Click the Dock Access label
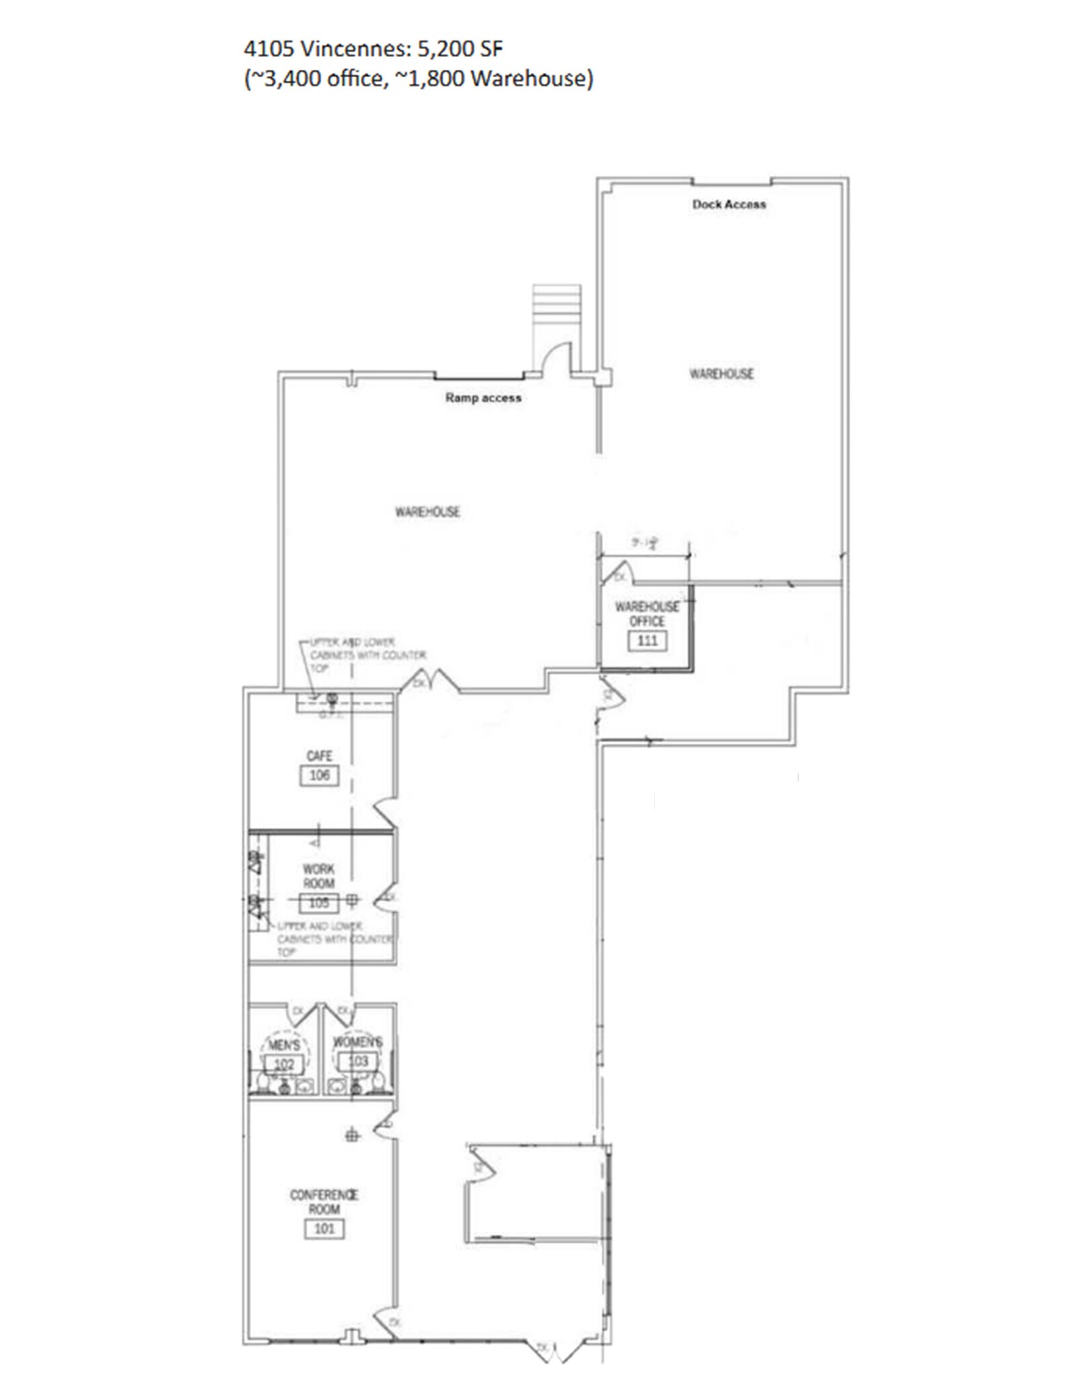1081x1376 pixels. [x=729, y=204]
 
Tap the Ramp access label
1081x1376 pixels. [x=483, y=398]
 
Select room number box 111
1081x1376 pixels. [x=647, y=640]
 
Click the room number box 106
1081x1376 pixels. [x=319, y=775]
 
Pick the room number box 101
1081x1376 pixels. [x=325, y=1229]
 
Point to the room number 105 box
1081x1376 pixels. [x=318, y=903]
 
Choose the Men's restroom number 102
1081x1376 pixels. [x=284, y=1064]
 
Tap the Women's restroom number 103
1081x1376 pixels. [x=358, y=1061]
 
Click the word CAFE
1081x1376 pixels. [x=319, y=756]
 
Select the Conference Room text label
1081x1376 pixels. [x=324, y=1201]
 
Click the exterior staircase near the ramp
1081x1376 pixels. [x=556, y=306]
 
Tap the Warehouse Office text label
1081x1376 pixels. [x=647, y=613]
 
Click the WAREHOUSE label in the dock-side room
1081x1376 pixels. [x=722, y=374]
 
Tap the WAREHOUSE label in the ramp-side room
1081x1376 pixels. [x=427, y=512]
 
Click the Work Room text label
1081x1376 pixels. [x=318, y=876]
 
